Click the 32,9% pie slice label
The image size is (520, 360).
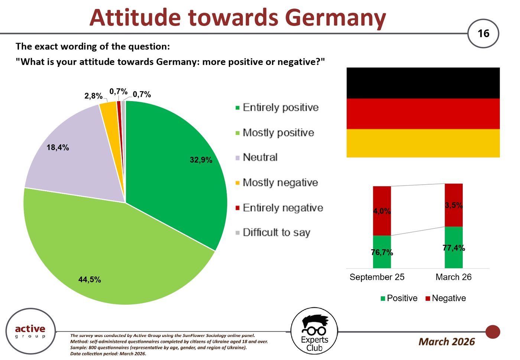(201, 160)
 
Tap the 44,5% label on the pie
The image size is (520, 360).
(90, 280)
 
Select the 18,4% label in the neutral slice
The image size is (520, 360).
(58, 147)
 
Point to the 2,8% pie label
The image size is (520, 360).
(93, 96)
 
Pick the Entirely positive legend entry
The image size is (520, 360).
(277, 107)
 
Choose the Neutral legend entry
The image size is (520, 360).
(257, 158)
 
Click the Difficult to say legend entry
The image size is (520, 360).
(273, 233)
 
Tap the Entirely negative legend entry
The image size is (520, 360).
(279, 208)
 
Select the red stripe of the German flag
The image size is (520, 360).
(423, 114)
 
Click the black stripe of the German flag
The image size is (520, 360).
(423, 83)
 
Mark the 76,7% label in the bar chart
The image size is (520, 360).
(382, 252)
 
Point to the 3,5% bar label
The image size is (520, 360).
(454, 205)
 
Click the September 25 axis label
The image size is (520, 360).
(377, 277)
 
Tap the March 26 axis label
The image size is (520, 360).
(454, 277)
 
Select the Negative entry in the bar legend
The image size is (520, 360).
(446, 298)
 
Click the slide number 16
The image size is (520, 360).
(483, 33)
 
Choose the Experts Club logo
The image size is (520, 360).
(314, 331)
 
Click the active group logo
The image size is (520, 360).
(30, 331)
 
